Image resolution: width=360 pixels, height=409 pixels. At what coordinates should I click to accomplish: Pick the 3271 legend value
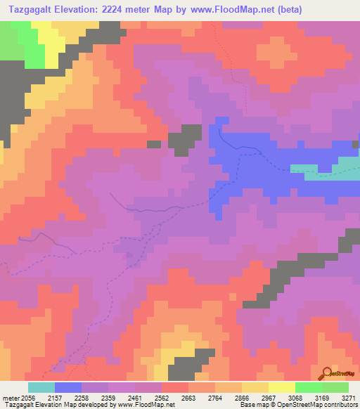[349, 398]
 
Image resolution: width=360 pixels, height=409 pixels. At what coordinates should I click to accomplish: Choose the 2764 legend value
[231, 398]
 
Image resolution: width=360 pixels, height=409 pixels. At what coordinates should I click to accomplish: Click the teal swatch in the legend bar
[41, 387]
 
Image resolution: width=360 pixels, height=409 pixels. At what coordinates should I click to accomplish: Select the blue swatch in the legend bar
[68, 387]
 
